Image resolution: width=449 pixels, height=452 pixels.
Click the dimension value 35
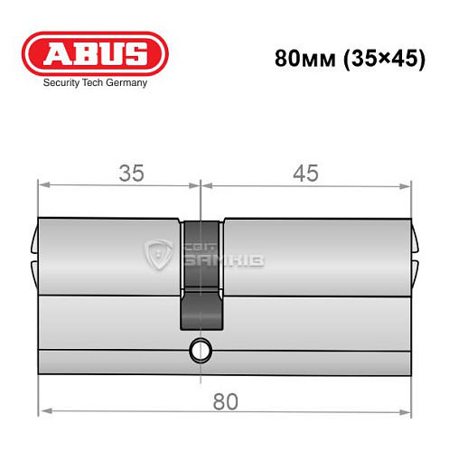point(132,174)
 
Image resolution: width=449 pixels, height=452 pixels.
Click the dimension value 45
point(306,174)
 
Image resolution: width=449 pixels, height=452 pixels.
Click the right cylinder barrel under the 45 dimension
point(313,258)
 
